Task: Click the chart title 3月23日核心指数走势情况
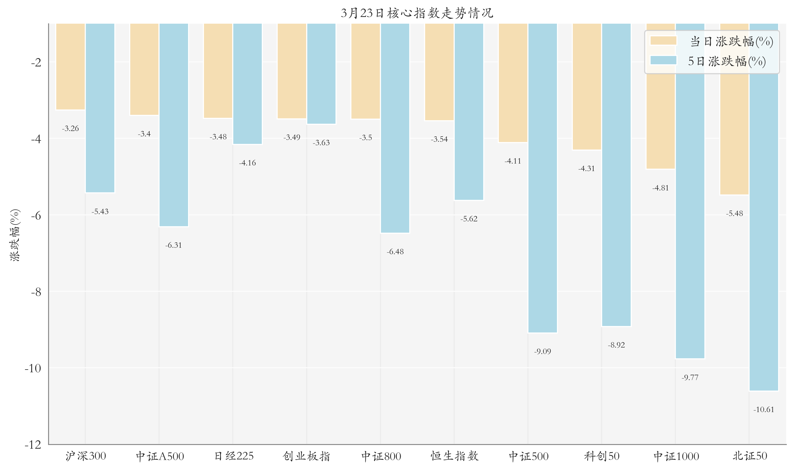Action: tap(417, 13)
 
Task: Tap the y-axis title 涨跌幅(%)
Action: tap(15, 235)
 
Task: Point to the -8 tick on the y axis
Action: tap(36, 292)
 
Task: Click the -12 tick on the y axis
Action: tap(33, 445)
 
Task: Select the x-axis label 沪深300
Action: tap(86, 456)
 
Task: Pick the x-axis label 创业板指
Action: tap(306, 456)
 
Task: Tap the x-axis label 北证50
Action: tap(750, 456)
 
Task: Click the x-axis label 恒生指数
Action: tap(454, 456)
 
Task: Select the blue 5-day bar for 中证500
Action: tap(542, 178)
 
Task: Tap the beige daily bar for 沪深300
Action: tap(70, 67)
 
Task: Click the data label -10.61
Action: tap(764, 409)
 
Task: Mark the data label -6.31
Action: tap(174, 245)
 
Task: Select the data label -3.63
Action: tap(321, 143)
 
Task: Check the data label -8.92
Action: tap(616, 345)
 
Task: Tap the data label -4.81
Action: tap(660, 188)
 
